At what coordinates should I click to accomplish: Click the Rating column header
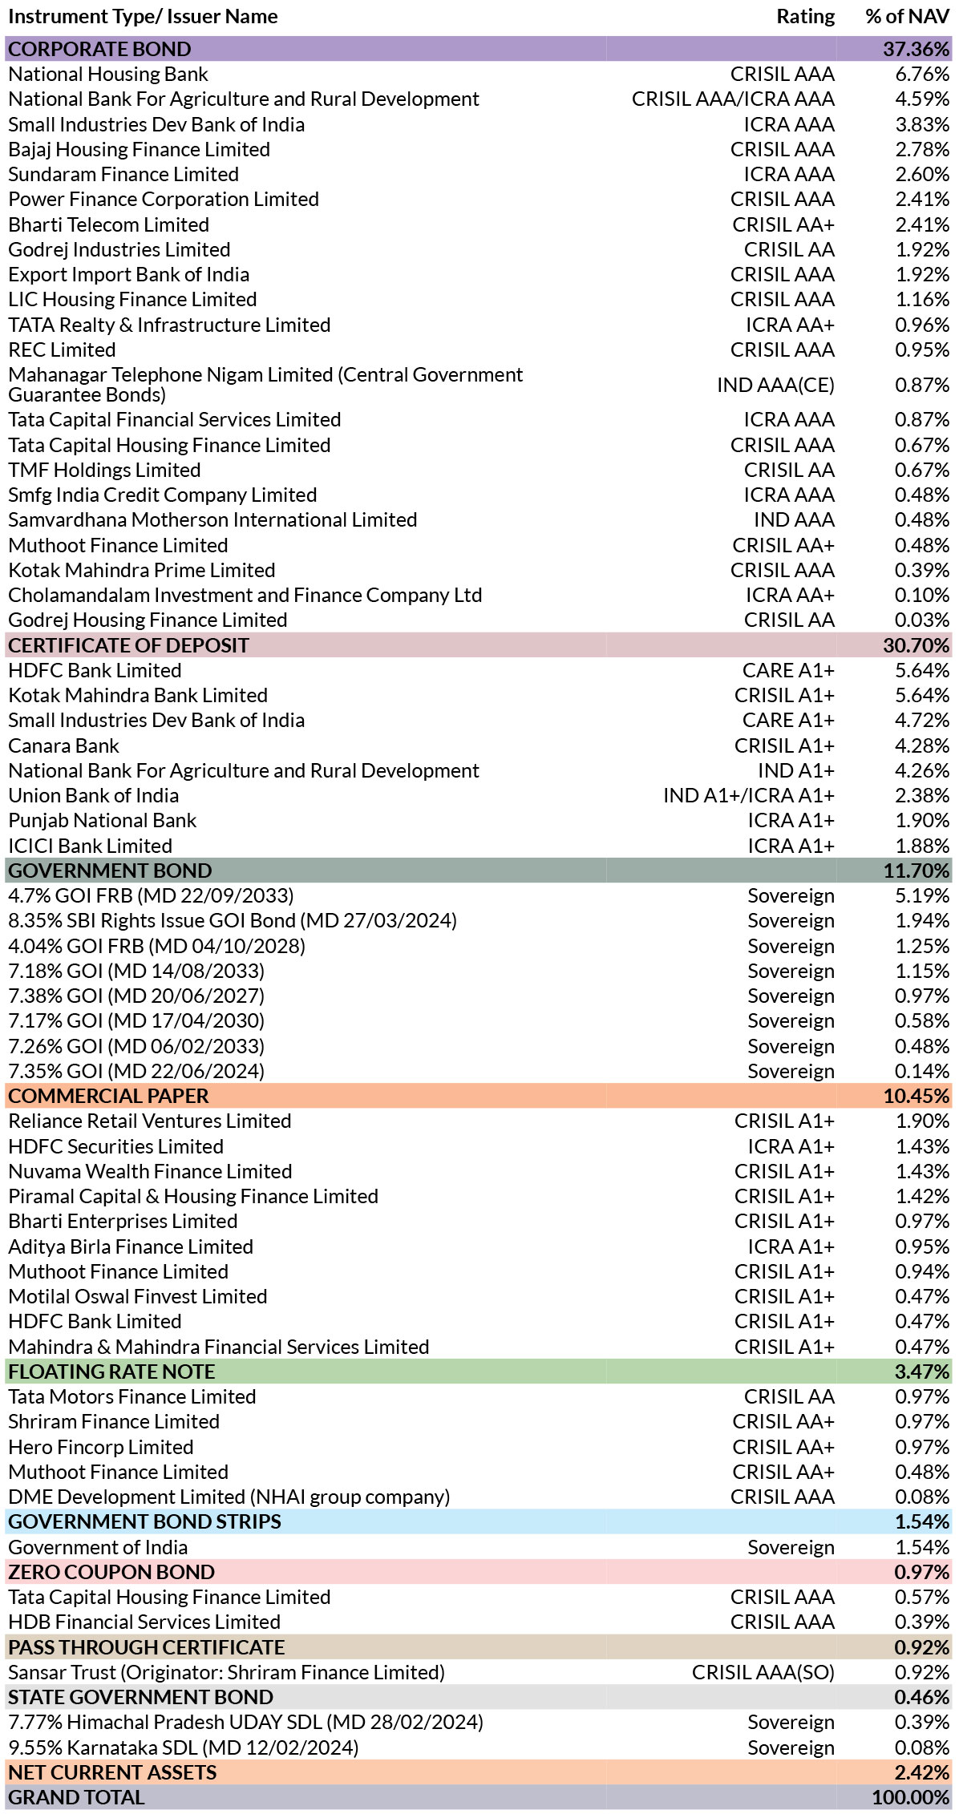point(805,16)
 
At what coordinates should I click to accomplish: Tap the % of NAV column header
point(907,16)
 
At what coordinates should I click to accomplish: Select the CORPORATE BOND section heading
point(99,49)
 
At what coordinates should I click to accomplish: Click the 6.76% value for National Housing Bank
point(922,74)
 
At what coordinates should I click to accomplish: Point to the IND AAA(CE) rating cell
point(775,385)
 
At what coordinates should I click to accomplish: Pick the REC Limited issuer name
point(62,349)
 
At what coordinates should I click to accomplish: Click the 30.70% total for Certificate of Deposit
point(916,645)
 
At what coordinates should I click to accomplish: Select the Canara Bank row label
point(63,745)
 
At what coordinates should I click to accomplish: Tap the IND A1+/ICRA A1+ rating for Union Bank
point(748,795)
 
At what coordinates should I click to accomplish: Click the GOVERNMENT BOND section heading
point(110,871)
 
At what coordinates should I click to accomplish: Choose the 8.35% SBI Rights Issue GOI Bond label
point(233,920)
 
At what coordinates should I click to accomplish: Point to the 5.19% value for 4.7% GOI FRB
point(922,895)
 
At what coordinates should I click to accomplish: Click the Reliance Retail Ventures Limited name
point(150,1121)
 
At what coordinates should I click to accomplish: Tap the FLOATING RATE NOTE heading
point(111,1372)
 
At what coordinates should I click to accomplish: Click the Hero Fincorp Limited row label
point(101,1447)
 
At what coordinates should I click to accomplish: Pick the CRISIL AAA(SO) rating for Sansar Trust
point(763,1672)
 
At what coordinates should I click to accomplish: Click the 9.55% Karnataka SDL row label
point(184,1747)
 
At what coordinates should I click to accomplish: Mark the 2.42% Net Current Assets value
point(922,1772)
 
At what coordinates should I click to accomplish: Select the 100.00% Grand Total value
point(911,1797)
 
